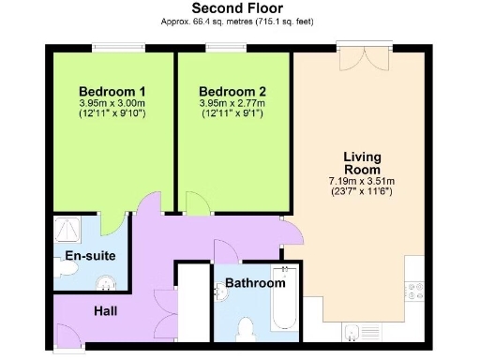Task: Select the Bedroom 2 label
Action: click(x=232, y=91)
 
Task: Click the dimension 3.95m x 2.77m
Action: click(x=232, y=102)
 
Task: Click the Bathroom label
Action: click(x=255, y=282)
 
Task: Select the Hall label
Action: click(x=105, y=310)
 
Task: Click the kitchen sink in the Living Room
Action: click(x=354, y=330)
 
